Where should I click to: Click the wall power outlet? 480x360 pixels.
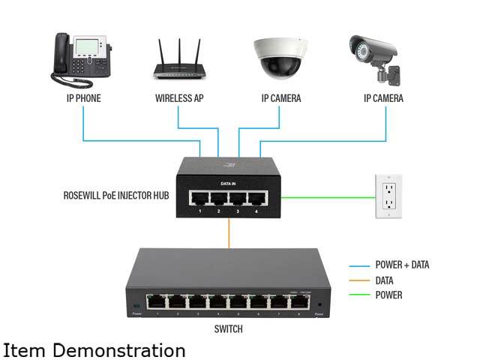[x=388, y=196]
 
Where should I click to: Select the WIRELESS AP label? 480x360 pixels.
[x=181, y=98]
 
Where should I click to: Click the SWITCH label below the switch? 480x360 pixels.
[x=227, y=328]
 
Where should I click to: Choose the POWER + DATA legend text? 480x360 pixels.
[x=402, y=265]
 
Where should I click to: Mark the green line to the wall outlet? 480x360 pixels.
[x=330, y=198]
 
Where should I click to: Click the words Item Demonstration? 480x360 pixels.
[x=94, y=350]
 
